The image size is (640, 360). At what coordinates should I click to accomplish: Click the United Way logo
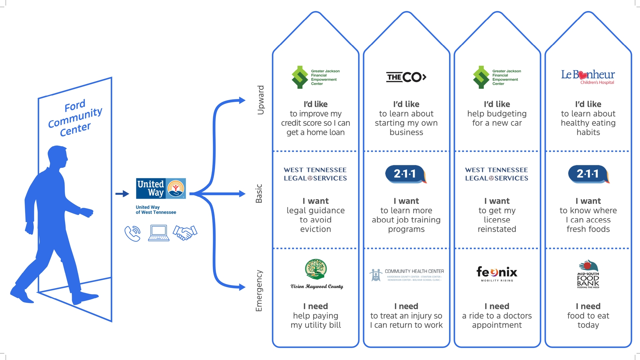pos(161,188)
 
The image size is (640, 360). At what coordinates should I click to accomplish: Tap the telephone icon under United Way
pos(132,233)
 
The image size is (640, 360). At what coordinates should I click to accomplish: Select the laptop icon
pos(159,233)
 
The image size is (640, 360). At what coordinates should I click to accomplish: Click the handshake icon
pos(185,233)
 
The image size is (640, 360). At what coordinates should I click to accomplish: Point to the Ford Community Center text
pos(75,118)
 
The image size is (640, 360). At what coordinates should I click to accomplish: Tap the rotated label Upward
pos(261,100)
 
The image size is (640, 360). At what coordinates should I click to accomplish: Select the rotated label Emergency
pos(259,291)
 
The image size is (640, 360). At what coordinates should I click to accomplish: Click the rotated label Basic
pos(259,193)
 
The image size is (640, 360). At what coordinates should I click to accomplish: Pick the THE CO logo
pos(406,77)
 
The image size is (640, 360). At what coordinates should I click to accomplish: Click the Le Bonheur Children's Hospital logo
pos(588,77)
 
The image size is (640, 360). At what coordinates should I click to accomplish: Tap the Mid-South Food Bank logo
pos(588,274)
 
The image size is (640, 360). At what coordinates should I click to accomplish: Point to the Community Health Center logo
pos(406,275)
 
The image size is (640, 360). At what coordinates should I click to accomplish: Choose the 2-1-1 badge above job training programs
pos(406,174)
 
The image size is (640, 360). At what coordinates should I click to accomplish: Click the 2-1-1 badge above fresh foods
pos(588,174)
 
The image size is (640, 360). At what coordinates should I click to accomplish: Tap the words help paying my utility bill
pos(316,320)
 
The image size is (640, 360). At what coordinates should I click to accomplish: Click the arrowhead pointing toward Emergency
pos(242,287)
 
